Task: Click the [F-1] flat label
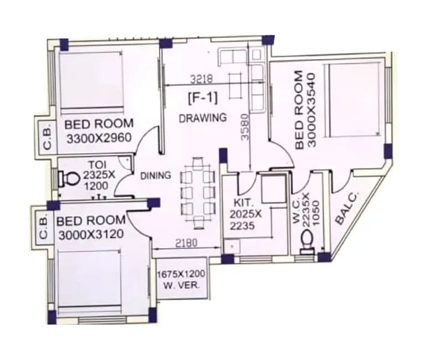pyautogui.click(x=203, y=98)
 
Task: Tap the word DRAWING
pyautogui.click(x=203, y=117)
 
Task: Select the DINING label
pyautogui.click(x=155, y=176)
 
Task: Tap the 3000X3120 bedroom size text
pyautogui.click(x=90, y=234)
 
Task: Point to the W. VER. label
pyautogui.click(x=181, y=286)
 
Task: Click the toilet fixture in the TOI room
pyautogui.click(x=70, y=179)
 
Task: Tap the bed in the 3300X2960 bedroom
pyautogui.click(x=91, y=81)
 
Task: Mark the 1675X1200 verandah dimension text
pyautogui.click(x=182, y=275)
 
